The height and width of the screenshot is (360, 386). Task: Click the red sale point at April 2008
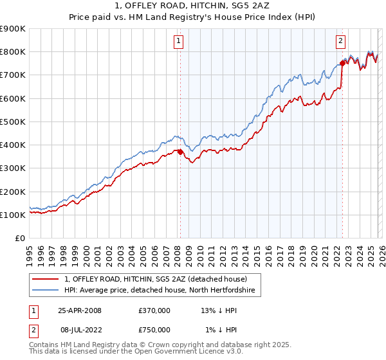(180, 152)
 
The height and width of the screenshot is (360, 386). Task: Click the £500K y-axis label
(12, 122)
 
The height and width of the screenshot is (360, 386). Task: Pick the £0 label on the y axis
(19, 239)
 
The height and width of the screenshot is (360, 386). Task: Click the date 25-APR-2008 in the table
(80, 310)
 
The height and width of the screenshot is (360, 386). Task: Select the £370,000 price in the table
(154, 310)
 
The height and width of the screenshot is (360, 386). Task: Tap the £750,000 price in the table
(154, 329)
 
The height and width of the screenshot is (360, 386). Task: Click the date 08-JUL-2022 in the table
(80, 329)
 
